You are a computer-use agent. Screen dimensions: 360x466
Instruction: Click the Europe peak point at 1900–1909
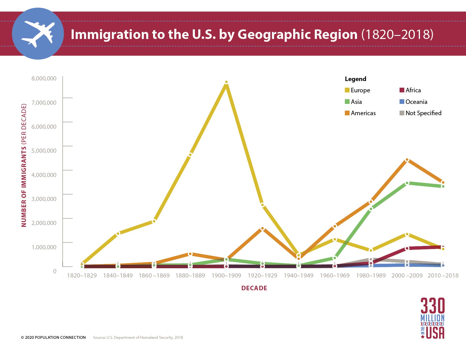tap(226, 82)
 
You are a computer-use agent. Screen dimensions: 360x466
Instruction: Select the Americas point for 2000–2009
tap(407, 160)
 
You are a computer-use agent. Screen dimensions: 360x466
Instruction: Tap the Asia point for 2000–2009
tap(407, 183)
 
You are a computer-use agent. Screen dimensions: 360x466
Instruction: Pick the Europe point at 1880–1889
tap(190, 155)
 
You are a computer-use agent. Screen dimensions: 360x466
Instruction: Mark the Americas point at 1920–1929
tap(262, 228)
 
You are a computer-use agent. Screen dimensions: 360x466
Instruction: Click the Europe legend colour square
tap(347, 90)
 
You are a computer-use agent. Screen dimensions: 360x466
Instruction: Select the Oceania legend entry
tap(416, 102)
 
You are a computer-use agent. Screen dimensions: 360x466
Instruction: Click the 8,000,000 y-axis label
tap(44, 78)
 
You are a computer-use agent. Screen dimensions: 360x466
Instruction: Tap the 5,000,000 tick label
tap(44, 150)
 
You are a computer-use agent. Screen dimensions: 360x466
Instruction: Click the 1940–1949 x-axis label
tap(299, 275)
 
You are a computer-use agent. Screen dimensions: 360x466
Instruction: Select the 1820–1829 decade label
tap(82, 275)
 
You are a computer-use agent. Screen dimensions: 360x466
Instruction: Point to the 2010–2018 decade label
tap(443, 275)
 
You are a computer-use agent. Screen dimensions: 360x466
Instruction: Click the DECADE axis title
tap(254, 288)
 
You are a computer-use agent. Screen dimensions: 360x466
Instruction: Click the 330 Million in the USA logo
tap(432, 318)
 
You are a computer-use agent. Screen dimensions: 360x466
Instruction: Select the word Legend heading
tap(355, 79)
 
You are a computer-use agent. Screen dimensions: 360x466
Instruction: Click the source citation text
tap(138, 337)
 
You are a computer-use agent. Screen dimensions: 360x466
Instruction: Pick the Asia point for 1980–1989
tap(371, 209)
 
